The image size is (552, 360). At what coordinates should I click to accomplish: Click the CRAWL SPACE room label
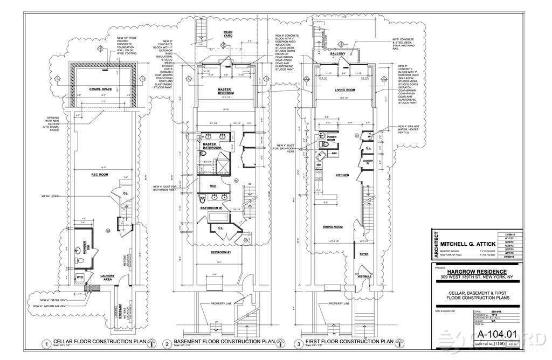[x=100, y=89]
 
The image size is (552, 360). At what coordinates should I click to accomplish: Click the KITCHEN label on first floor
[x=342, y=175]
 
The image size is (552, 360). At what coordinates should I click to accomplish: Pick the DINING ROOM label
[x=333, y=227]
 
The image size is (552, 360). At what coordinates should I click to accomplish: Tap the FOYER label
[x=364, y=254]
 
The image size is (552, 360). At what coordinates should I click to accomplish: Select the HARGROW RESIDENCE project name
[x=477, y=271]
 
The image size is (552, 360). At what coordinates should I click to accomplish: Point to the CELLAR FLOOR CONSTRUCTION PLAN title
[x=100, y=342]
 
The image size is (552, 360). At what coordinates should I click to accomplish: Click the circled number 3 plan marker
[x=298, y=343]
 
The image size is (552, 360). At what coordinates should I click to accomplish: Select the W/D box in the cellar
[x=80, y=279]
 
